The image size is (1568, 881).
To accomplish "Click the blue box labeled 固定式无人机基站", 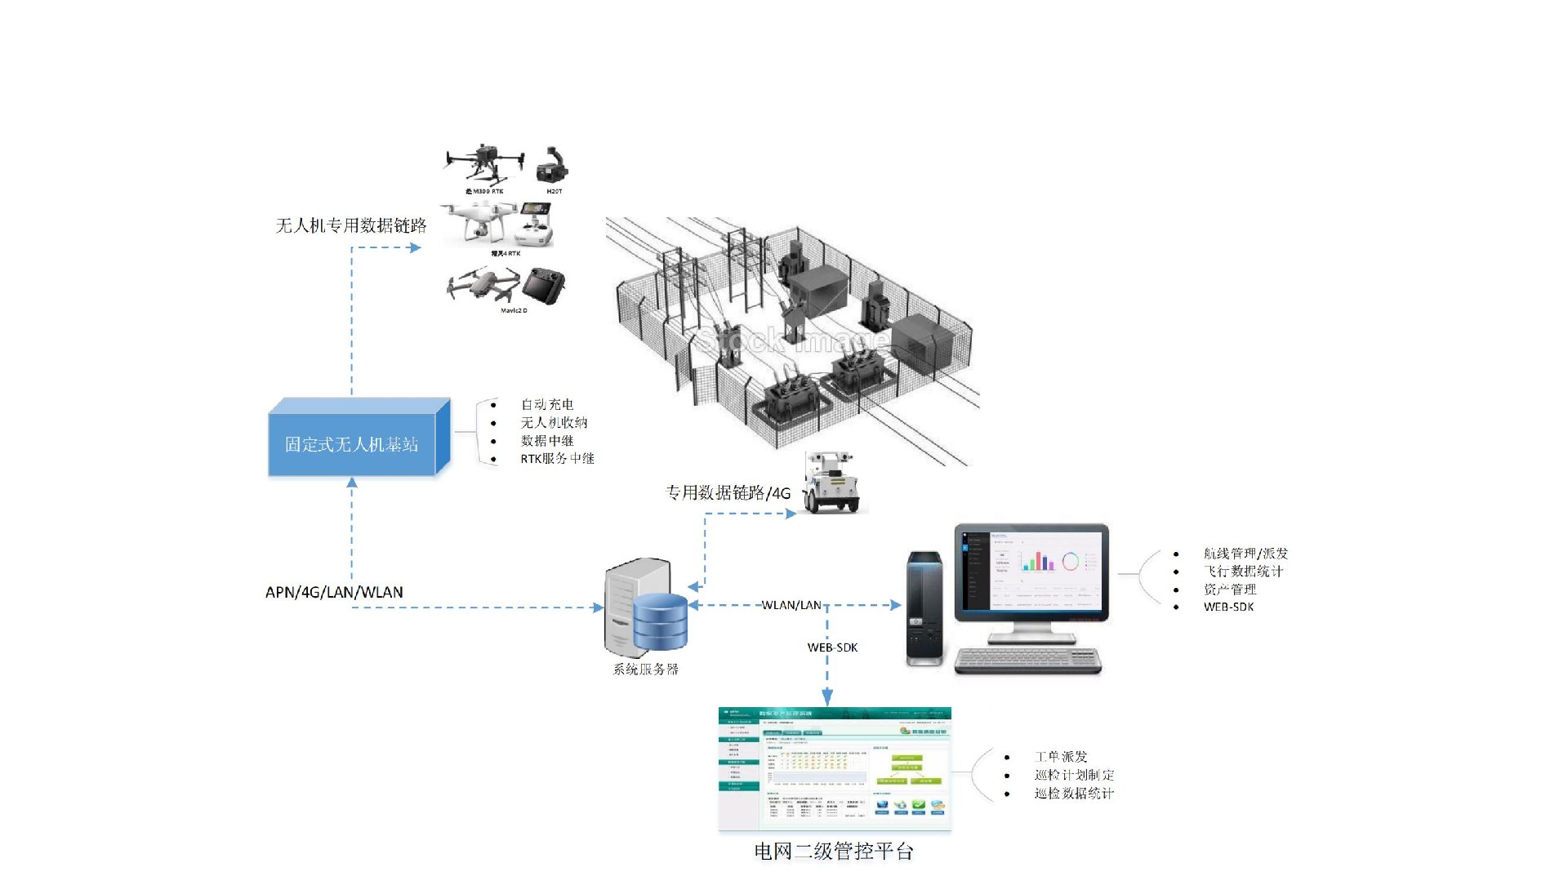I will pos(352,444).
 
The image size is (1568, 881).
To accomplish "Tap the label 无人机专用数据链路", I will pos(351,225).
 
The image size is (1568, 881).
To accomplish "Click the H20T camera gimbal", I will pos(553,167).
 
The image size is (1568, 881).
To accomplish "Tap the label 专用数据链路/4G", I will pos(728,492).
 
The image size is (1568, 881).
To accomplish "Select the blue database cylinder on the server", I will pos(661,621).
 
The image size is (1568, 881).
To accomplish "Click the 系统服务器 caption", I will pos(646,669).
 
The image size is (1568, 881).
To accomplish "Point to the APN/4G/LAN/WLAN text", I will pos(334,592).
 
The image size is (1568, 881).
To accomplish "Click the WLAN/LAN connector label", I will pos(791,605).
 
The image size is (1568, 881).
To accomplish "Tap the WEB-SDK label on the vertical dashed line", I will pos(832,647).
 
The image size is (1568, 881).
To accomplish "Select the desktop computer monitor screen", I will pos(1031,572).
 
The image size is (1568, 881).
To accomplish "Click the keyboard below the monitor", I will pos(1028,661).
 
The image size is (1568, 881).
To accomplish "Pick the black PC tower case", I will pos(925,608).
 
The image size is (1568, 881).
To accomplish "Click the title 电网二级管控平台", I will pos(833,852).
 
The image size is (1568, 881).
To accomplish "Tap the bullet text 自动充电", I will pos(547,404).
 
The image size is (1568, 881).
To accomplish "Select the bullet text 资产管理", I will pos(1230,589).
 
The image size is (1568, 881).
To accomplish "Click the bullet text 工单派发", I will pos(1061,757).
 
